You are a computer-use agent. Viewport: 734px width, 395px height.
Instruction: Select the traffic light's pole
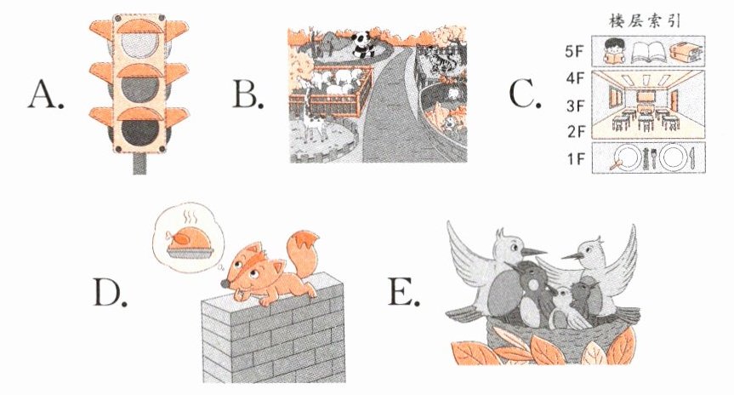[x=139, y=163]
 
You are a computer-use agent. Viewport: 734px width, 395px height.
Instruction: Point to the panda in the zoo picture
[x=361, y=44]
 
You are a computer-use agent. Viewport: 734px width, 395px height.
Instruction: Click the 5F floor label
[x=575, y=51]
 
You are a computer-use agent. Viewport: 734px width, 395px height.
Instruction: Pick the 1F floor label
[x=577, y=159]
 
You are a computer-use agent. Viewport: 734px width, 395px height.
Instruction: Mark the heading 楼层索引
[x=645, y=21]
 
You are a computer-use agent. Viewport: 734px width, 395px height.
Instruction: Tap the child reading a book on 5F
[x=613, y=51]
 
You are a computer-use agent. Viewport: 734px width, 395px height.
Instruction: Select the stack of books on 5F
[x=686, y=53]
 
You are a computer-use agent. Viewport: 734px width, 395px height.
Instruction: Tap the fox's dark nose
[x=225, y=284]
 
